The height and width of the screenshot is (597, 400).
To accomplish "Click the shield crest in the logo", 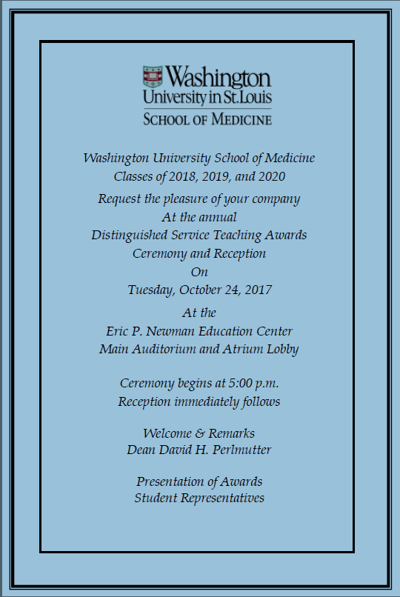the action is [x=153, y=79].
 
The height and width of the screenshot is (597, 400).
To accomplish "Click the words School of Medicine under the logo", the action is [x=207, y=119].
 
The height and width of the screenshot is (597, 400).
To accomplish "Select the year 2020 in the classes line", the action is [x=270, y=176].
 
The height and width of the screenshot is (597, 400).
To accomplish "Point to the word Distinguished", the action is [x=128, y=235].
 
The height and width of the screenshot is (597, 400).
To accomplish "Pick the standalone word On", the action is [x=199, y=272].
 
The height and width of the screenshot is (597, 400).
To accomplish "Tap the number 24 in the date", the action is [x=228, y=290].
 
